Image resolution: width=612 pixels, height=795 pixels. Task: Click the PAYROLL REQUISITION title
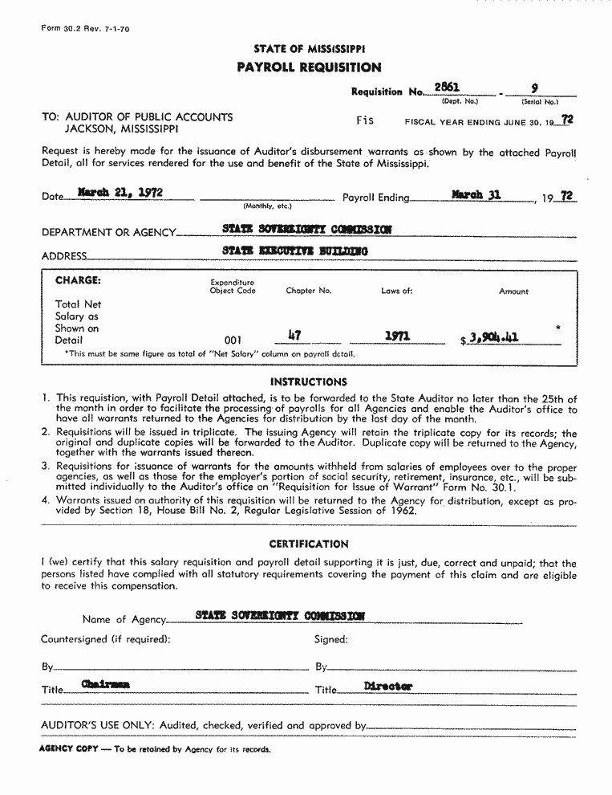[x=309, y=67]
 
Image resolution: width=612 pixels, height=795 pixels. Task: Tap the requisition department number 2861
[x=446, y=88]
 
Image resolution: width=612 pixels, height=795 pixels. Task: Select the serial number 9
[x=535, y=88]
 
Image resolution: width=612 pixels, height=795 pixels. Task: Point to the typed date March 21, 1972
[x=121, y=193]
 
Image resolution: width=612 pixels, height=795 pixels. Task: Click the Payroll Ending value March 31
[x=476, y=194]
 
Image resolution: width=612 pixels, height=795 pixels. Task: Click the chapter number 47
[x=293, y=336]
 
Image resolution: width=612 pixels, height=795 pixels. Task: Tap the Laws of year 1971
[x=397, y=336]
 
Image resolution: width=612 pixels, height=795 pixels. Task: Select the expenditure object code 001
[x=233, y=340]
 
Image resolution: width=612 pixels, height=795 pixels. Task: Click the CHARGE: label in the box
[x=78, y=281]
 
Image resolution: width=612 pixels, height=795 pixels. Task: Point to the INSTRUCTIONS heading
[x=309, y=382]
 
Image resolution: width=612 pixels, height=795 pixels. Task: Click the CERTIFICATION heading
[x=309, y=544]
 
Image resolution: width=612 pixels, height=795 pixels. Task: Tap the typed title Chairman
[x=105, y=684]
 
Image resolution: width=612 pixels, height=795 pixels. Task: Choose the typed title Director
[x=388, y=687]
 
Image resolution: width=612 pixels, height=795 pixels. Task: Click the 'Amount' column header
[x=513, y=291]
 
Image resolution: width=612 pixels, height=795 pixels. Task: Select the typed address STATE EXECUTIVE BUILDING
[x=295, y=251]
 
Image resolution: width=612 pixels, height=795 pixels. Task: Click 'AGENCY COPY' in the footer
[x=68, y=748]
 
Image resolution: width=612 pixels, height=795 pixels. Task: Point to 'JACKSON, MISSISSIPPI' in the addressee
[x=122, y=128]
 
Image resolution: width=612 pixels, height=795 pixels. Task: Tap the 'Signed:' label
[x=330, y=640]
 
